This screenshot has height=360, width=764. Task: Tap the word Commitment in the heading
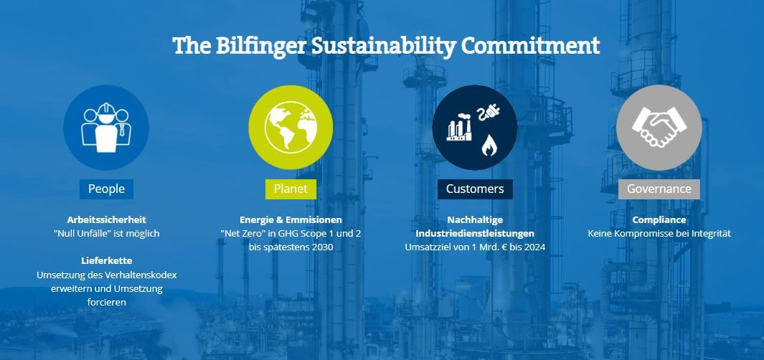(x=530, y=45)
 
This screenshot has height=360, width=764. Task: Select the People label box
(x=106, y=189)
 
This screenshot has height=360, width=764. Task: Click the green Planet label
(x=291, y=189)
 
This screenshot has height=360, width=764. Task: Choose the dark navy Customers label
(x=475, y=189)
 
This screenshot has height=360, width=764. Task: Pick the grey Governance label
(x=659, y=189)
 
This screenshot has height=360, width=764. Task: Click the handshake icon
(x=659, y=127)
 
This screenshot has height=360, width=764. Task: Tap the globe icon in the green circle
(x=291, y=128)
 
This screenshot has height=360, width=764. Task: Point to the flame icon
(x=489, y=145)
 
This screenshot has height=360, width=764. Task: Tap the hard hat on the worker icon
(x=105, y=109)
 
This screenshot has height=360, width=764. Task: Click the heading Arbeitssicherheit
(x=106, y=219)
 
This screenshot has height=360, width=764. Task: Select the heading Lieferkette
(x=106, y=260)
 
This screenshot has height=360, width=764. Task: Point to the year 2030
(x=322, y=247)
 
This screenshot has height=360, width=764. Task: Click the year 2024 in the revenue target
(x=534, y=247)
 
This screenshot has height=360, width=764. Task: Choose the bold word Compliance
(x=659, y=219)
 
